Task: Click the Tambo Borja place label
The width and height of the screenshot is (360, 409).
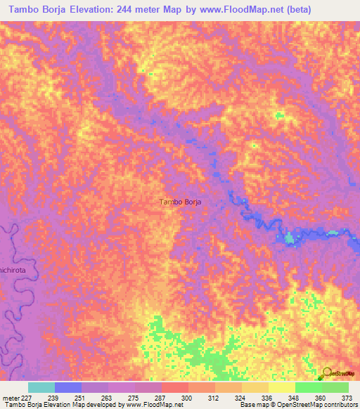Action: [181, 202]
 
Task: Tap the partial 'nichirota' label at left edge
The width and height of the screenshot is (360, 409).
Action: [13, 268]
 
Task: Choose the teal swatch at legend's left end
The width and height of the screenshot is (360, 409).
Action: [41, 387]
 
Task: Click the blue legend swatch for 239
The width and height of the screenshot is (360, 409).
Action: [67, 387]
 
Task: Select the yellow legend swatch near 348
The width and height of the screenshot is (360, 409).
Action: [281, 387]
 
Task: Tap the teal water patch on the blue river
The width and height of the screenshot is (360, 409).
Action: [290, 239]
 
